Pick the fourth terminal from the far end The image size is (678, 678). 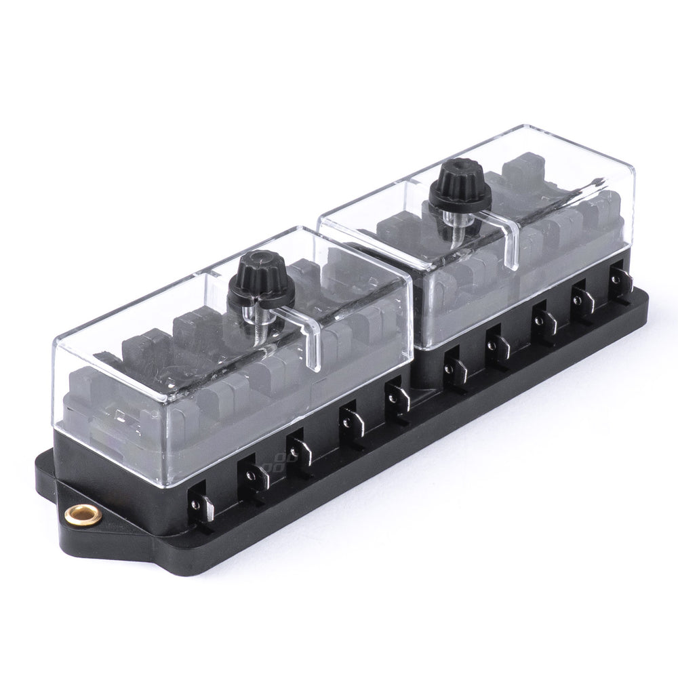[x=496, y=339]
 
